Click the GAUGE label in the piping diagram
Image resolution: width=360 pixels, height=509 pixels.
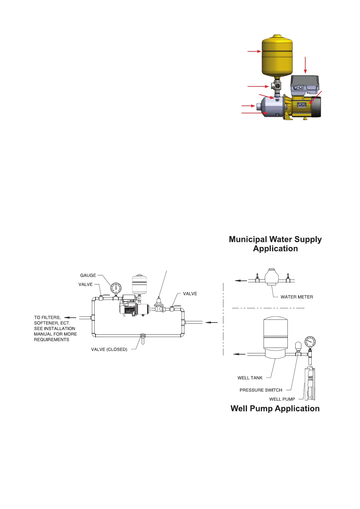coord(88,275)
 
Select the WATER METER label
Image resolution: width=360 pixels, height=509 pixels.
coord(297,297)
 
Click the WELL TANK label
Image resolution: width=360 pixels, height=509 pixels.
coord(250,378)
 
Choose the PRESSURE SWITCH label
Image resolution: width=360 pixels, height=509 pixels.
coord(261,390)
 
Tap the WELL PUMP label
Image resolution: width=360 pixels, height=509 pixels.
coord(282,399)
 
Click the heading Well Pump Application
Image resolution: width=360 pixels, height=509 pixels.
coord(275,409)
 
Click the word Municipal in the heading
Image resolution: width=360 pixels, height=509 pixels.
coord(248,239)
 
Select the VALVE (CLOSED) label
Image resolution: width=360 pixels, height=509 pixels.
coord(109,349)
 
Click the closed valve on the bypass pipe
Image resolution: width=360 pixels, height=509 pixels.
coord(142,336)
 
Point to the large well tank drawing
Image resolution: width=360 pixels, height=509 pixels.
coord(275,337)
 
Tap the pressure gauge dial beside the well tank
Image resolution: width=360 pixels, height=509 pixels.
coord(310,342)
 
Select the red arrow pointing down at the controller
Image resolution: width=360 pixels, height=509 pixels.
coord(306,65)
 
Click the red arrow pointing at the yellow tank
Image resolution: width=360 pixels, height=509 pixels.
coord(254,51)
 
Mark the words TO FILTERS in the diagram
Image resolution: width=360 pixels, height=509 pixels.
coord(47,317)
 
